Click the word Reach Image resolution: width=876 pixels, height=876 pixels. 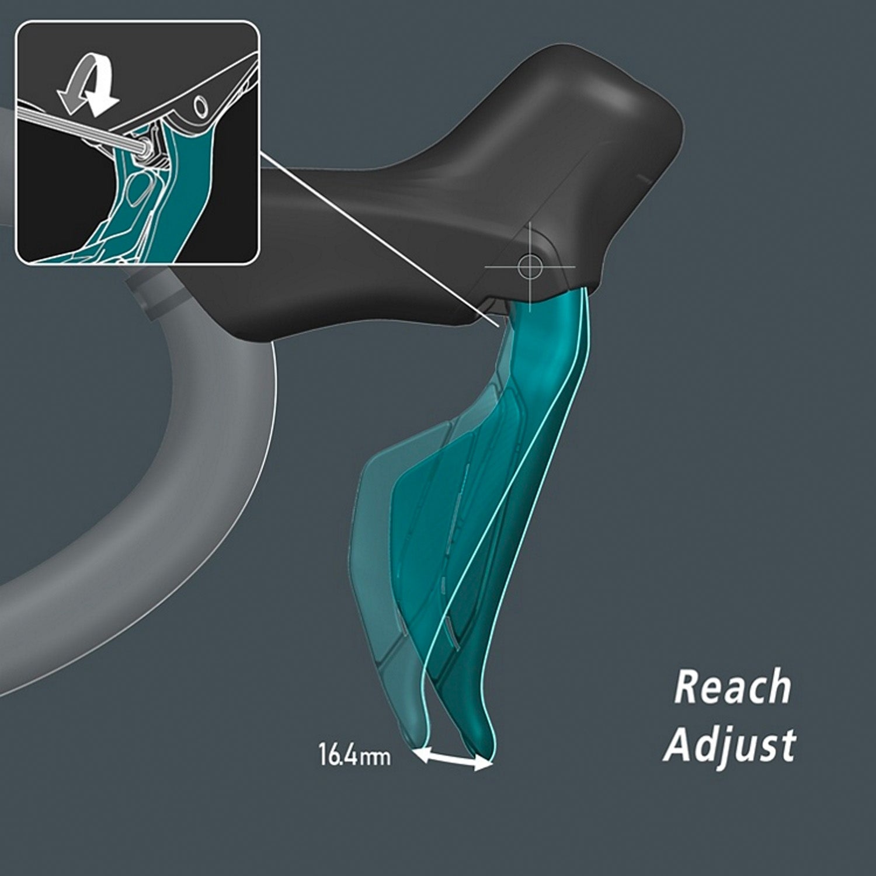point(732,687)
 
